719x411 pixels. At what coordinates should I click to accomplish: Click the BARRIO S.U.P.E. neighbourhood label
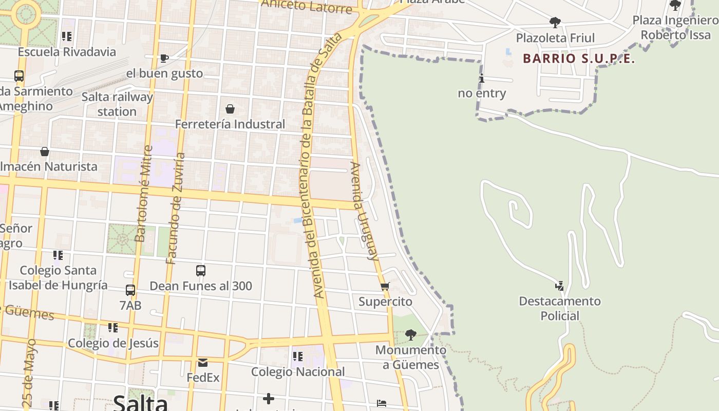[x=579, y=59]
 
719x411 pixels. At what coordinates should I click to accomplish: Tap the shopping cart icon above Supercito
[x=385, y=286]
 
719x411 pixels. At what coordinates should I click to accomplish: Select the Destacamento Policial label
[x=560, y=308]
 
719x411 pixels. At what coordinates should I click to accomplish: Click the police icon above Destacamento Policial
[x=560, y=286]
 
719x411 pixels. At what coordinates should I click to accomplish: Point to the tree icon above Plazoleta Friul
[x=555, y=23]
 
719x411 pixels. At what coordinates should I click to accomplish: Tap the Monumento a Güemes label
[x=410, y=358]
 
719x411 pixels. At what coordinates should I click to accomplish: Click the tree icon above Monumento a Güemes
[x=410, y=335]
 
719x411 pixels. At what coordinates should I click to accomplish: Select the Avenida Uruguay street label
[x=364, y=211]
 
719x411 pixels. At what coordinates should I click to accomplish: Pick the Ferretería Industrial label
[x=230, y=124]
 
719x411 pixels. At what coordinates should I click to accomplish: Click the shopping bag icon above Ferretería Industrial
[x=230, y=109]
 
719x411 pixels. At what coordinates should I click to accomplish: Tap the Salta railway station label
[x=117, y=104]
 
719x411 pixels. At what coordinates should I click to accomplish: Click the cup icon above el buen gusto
[x=164, y=58]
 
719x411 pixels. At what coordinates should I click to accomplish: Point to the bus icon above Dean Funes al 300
[x=201, y=270]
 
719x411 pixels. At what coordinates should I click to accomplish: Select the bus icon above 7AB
[x=130, y=290]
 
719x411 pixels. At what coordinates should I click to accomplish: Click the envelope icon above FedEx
[x=203, y=363]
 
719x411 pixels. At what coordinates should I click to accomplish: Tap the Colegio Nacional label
[x=298, y=371]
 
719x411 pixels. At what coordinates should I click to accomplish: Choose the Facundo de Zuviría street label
[x=175, y=208]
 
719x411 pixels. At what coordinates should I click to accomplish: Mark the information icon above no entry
[x=482, y=78]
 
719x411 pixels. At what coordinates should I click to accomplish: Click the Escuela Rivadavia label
[x=67, y=52]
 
